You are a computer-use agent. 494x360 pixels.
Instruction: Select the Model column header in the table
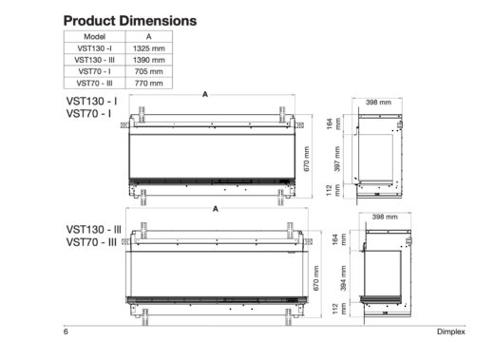(x=95, y=35)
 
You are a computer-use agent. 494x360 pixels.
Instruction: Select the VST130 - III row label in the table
(x=95, y=59)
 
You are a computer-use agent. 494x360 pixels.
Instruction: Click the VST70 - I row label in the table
(x=95, y=71)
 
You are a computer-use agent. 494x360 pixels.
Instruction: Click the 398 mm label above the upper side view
(x=379, y=101)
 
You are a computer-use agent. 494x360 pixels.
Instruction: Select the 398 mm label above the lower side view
(x=384, y=217)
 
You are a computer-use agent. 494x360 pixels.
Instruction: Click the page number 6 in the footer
(x=66, y=332)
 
